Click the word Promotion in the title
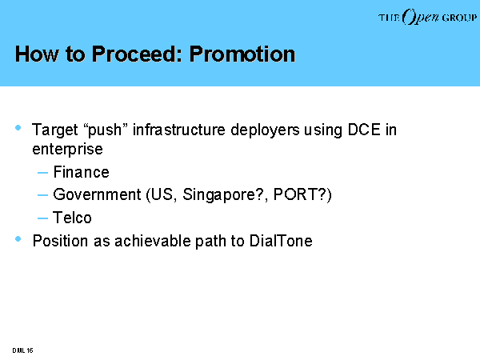[x=242, y=54]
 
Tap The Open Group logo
[x=427, y=17]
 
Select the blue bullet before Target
[x=18, y=128]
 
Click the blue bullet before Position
[x=18, y=238]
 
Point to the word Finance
[x=81, y=172]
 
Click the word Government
[x=97, y=194]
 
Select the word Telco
[x=72, y=218]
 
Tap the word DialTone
[x=281, y=241]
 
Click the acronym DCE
[x=364, y=130]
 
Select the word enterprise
[x=67, y=150]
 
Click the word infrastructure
[x=179, y=130]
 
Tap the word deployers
[x=265, y=130]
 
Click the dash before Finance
[x=42, y=173]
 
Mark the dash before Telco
[x=42, y=218]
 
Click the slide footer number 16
[x=30, y=350]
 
